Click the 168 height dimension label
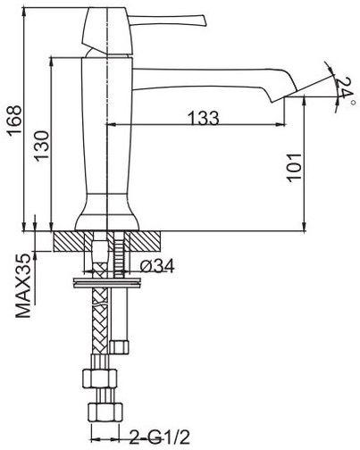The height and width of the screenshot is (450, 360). pyautogui.click(x=15, y=120)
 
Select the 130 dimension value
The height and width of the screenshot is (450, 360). pyautogui.click(x=41, y=146)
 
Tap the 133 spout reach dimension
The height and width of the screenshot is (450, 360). pyautogui.click(x=205, y=118)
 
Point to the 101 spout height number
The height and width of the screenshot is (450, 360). pyautogui.click(x=294, y=167)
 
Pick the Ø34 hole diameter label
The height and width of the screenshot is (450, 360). pyautogui.click(x=156, y=265)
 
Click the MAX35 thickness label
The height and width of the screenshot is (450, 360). pyautogui.click(x=23, y=286)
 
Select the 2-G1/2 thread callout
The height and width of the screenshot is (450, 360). pyautogui.click(x=159, y=437)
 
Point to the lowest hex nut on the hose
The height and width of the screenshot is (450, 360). pyautogui.click(x=105, y=412)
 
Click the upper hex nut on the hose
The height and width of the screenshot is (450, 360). pyautogui.click(x=99, y=378)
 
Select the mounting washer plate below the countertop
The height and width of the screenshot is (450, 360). pyautogui.click(x=106, y=283)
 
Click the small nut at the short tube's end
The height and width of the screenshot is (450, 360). pyautogui.click(x=119, y=347)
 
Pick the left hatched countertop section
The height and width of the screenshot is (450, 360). pyautogui.click(x=69, y=241)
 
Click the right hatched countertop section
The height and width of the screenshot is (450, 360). pyautogui.click(x=146, y=241)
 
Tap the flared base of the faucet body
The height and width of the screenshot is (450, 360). pyautogui.click(x=106, y=212)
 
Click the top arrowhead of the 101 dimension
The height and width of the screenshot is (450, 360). pyautogui.click(x=305, y=100)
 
